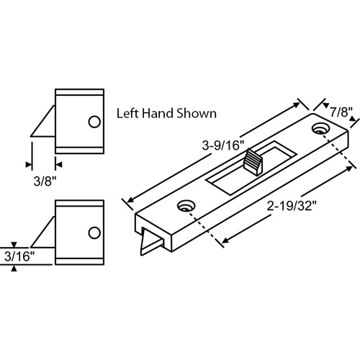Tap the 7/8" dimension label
(x=341, y=112)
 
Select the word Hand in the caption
(x=161, y=114)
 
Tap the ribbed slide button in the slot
(x=254, y=161)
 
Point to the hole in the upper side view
(x=94, y=122)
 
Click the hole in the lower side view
(x=94, y=232)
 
